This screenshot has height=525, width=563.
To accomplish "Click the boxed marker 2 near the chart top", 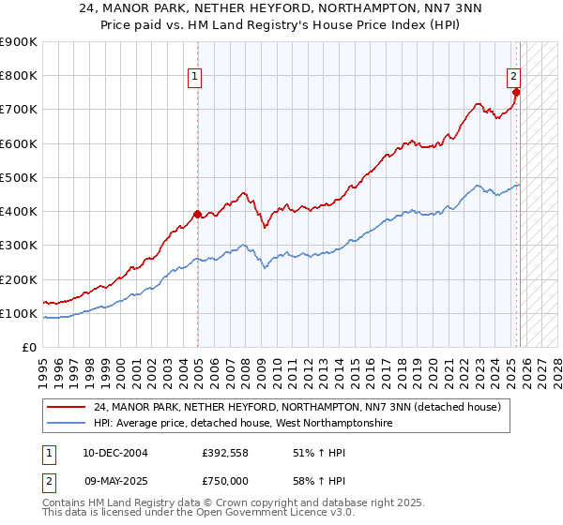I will tap(515, 78).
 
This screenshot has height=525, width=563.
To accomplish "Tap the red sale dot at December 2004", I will tap(197, 214).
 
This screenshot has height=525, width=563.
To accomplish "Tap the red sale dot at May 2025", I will tap(517, 92).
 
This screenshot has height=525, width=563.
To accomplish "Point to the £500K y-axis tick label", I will tap(19, 177).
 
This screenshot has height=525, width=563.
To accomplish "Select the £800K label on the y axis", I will tap(19, 76).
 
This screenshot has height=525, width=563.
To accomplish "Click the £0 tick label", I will tap(28, 347).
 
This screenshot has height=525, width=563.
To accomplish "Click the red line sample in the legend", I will tap(68, 407).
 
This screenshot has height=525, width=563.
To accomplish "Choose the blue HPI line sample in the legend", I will tap(68, 424).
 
